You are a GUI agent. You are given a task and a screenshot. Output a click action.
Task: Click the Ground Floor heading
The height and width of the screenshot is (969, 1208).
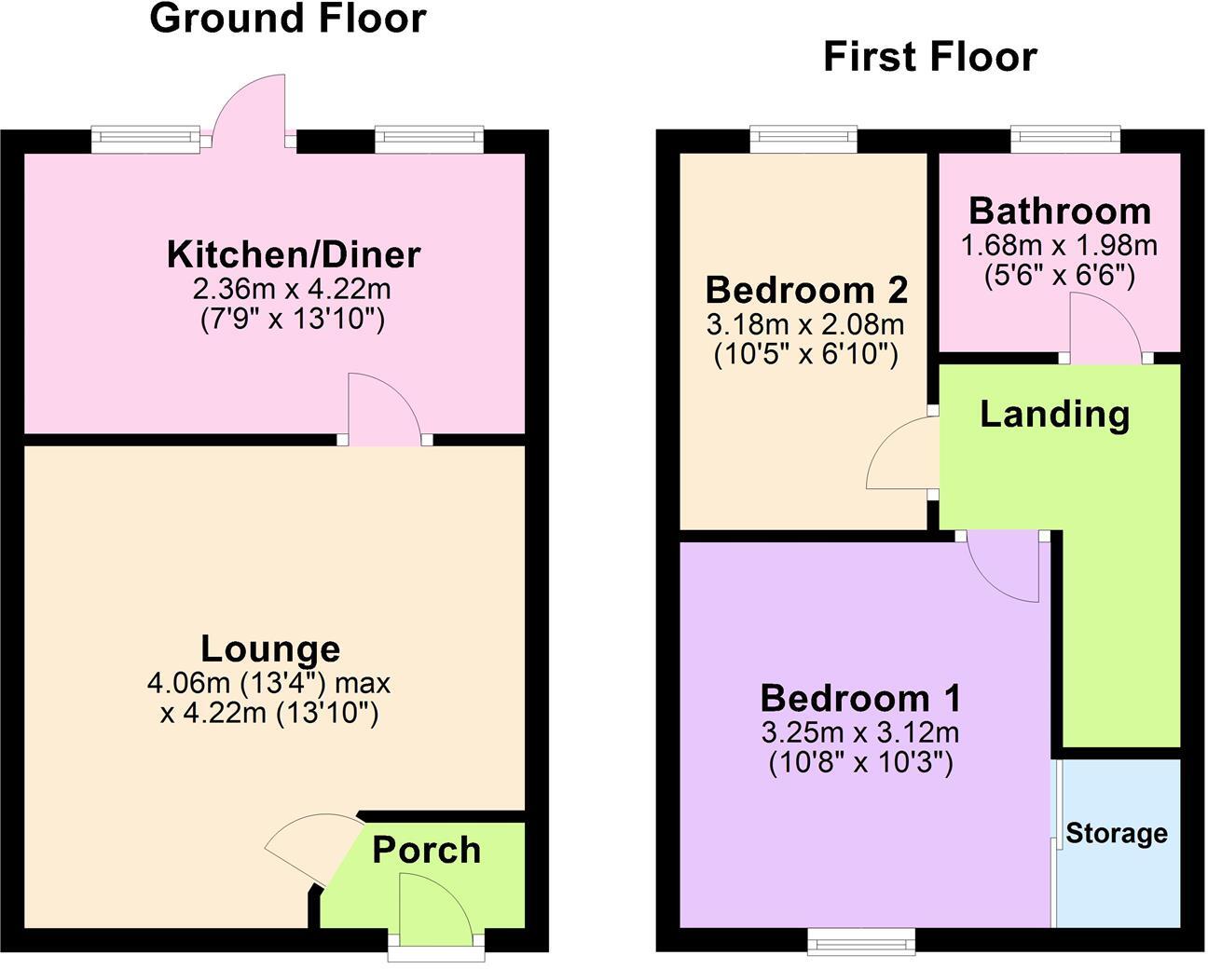pyautogui.click(x=287, y=19)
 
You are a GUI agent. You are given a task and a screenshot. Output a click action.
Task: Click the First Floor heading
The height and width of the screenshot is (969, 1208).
pyautogui.click(x=929, y=57)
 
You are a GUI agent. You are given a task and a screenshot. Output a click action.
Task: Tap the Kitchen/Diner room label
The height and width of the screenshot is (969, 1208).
pyautogui.click(x=294, y=253)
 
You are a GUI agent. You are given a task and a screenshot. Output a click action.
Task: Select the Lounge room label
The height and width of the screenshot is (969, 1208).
pyautogui.click(x=270, y=648)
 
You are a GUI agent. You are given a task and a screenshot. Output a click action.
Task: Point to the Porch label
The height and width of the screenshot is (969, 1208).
pyautogui.click(x=427, y=850)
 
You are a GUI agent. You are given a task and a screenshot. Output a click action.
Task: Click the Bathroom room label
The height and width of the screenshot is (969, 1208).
pyautogui.click(x=1060, y=211)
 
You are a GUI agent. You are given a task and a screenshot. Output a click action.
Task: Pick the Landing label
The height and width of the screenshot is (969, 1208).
pyautogui.click(x=1054, y=414)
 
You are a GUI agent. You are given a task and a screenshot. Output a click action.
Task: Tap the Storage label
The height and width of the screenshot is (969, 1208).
pyautogui.click(x=1117, y=832)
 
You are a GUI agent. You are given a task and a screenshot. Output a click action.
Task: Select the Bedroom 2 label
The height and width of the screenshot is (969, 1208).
pyautogui.click(x=806, y=290)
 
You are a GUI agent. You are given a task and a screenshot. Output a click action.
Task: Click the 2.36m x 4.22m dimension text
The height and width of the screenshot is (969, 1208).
pyautogui.click(x=293, y=287)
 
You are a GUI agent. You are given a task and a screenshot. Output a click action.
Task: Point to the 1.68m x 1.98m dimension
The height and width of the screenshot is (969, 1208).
pyautogui.click(x=1060, y=245)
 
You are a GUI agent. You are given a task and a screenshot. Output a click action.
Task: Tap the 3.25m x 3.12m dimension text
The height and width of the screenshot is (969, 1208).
pyautogui.click(x=860, y=732)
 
